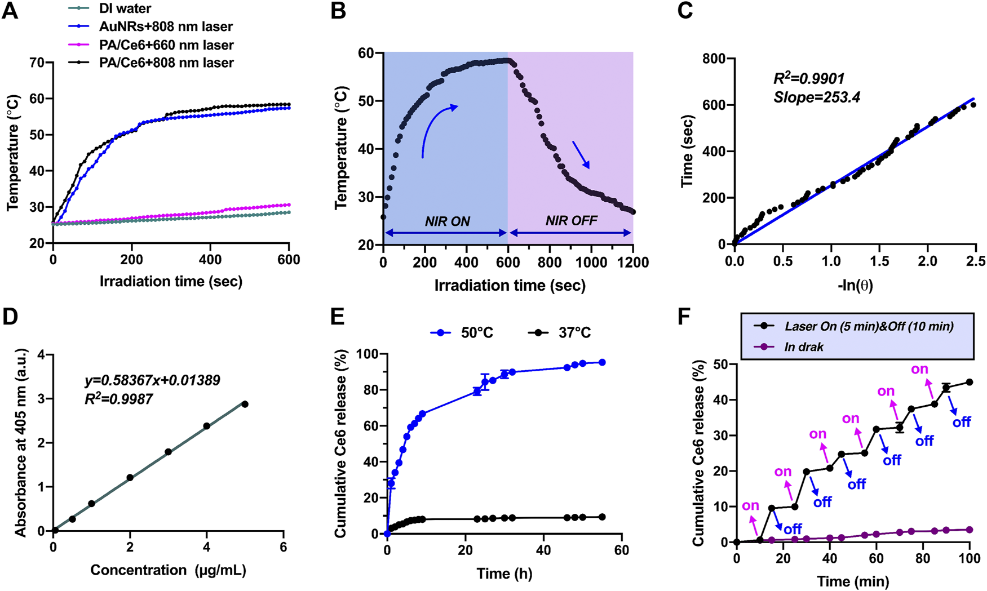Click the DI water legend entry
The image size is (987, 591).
(125, 8)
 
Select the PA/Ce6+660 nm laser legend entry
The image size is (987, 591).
(166, 45)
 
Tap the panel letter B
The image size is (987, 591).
(338, 11)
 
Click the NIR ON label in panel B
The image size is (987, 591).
(447, 221)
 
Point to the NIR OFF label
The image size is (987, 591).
(571, 221)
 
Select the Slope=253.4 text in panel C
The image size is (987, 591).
(817, 97)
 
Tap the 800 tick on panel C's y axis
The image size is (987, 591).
(714, 59)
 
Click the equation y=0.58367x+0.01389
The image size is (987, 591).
(152, 380)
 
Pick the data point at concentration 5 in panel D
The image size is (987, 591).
(245, 404)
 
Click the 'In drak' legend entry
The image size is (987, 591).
(803, 347)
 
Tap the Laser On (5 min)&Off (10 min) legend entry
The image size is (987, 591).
(869, 326)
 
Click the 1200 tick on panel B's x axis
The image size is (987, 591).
(633, 263)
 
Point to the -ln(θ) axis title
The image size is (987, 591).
(855, 285)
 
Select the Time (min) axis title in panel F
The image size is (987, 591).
(853, 581)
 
